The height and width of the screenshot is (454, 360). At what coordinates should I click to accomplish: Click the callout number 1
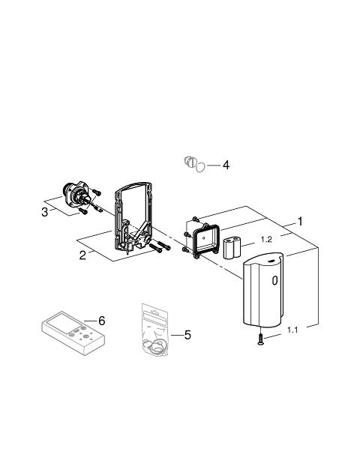(300, 222)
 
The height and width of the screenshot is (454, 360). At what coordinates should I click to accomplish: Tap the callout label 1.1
(292, 330)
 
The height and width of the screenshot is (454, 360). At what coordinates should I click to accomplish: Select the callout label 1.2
(266, 240)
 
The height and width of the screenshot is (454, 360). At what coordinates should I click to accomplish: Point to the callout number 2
(83, 255)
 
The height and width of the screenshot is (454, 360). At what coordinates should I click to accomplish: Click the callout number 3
(44, 212)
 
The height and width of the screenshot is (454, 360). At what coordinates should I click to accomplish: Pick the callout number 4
(226, 165)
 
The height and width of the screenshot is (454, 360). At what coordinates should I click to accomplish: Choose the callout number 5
(187, 335)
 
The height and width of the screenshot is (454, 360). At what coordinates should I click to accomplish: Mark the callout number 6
(101, 321)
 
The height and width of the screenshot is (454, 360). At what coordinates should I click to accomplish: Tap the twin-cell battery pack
(232, 247)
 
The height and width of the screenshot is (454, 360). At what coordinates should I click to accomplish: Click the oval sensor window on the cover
(274, 280)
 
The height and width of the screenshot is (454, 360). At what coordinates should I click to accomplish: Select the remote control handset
(73, 333)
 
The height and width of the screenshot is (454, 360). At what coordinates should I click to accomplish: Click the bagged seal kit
(155, 330)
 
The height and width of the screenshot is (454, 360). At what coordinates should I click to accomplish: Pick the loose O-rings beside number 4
(194, 164)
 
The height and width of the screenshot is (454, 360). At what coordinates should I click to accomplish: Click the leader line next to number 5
(177, 335)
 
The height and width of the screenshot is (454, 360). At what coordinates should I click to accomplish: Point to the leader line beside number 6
(91, 321)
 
